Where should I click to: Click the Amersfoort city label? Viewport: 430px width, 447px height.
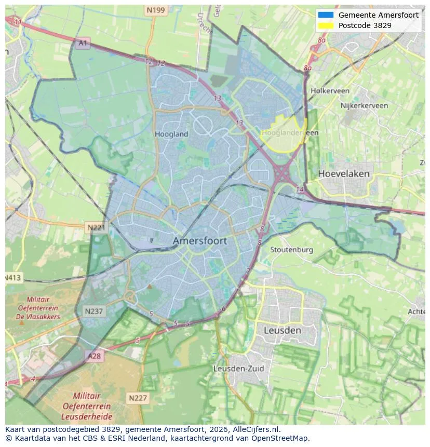pyautogui.click(x=200, y=241)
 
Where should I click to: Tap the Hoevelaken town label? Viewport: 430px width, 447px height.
pyautogui.click(x=344, y=173)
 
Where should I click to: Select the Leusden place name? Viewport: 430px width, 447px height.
pyautogui.click(x=282, y=330)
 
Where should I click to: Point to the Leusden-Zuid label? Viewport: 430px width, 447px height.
pyautogui.click(x=239, y=369)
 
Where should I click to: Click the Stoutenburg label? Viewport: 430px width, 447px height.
pyautogui.click(x=291, y=250)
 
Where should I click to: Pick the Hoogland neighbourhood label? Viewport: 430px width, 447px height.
pyautogui.click(x=171, y=134)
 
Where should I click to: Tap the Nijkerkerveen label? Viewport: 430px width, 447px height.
pyautogui.click(x=364, y=105)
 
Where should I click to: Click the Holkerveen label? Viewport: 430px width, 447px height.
pyautogui.click(x=330, y=90)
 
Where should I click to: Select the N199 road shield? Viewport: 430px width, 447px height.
pyautogui.click(x=155, y=10)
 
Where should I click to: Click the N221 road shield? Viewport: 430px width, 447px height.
pyautogui.click(x=96, y=227)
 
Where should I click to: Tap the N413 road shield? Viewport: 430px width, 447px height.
pyautogui.click(x=13, y=278)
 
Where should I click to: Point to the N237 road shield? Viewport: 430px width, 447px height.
pyautogui.click(x=93, y=311)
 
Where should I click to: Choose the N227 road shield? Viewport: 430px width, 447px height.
pyautogui.click(x=138, y=398)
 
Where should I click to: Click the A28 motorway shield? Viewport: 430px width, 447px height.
pyautogui.click(x=95, y=356)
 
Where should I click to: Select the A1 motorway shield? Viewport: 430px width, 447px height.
pyautogui.click(x=82, y=43)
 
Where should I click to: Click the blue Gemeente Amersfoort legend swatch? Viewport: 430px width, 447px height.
pyautogui.click(x=326, y=15)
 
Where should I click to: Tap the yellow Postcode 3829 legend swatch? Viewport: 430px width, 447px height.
pyautogui.click(x=326, y=25)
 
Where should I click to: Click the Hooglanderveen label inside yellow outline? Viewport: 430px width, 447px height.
pyautogui.click(x=290, y=133)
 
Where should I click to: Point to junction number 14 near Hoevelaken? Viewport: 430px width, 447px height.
pyautogui.click(x=300, y=189)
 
